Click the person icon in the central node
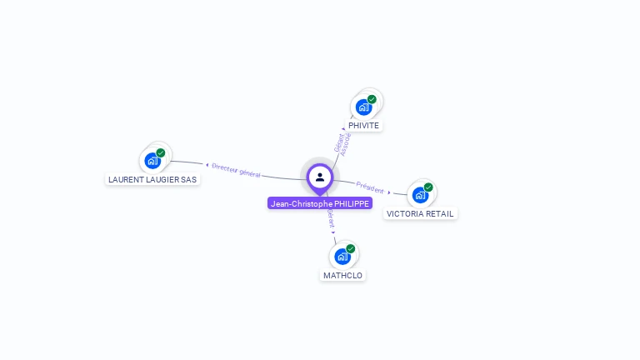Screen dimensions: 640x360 pos(320,177)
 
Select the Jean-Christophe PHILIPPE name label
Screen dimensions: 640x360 pos(320,203)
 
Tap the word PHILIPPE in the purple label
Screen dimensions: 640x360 pos(351,203)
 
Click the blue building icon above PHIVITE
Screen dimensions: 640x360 pos(363,107)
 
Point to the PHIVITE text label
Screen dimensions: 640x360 pos(364,126)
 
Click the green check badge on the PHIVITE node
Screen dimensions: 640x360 pos(372,99)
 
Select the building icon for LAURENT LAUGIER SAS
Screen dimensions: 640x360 pos(152,161)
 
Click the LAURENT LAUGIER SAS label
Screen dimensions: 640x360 pos(152,179)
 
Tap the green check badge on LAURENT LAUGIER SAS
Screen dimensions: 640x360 pos(161,152)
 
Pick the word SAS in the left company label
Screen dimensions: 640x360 pos(188,179)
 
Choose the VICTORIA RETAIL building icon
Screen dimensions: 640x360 pos(420,195)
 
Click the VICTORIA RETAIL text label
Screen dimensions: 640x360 pos(420,213)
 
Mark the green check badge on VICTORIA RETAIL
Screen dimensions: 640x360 pos(428,187)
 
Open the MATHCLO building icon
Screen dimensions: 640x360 pos(342,257)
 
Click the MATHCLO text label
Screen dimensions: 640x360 pos(342,275)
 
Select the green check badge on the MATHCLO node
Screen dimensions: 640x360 pos(351,248)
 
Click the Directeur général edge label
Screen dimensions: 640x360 pos(236,170)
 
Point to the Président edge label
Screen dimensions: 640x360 pos(370,187)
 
